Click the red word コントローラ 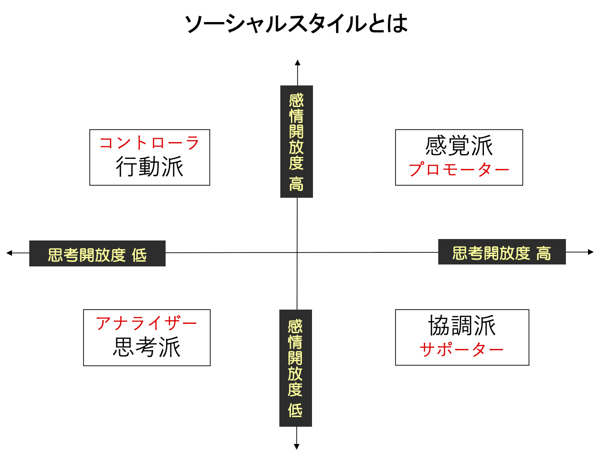click(x=149, y=143)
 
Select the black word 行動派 click(x=149, y=168)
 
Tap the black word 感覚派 click(x=459, y=146)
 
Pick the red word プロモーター click(x=459, y=170)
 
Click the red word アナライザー click(x=146, y=324)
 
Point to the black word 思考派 click(x=146, y=347)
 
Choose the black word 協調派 click(x=462, y=326)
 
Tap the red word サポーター click(x=462, y=349)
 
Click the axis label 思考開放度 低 click(x=97, y=254)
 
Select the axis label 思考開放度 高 click(x=502, y=252)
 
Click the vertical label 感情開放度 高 click(x=297, y=142)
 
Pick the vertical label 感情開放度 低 click(x=296, y=368)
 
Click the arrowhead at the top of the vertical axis click(x=298, y=62)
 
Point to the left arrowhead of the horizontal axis click(x=9, y=252)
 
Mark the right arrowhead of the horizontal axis click(x=591, y=252)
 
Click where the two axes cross click(x=297, y=252)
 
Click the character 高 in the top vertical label click(x=297, y=184)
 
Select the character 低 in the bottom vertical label click(x=296, y=411)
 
